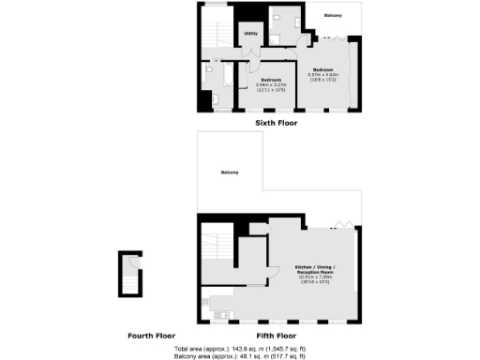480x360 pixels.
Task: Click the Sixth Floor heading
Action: [x=276, y=123]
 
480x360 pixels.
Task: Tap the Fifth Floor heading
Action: [x=276, y=335]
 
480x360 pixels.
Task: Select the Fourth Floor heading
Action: [x=152, y=335]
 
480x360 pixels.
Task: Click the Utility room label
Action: [x=250, y=35]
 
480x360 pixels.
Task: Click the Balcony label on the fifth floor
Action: [x=230, y=172]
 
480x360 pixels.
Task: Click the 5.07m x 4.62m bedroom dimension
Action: [x=325, y=74]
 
